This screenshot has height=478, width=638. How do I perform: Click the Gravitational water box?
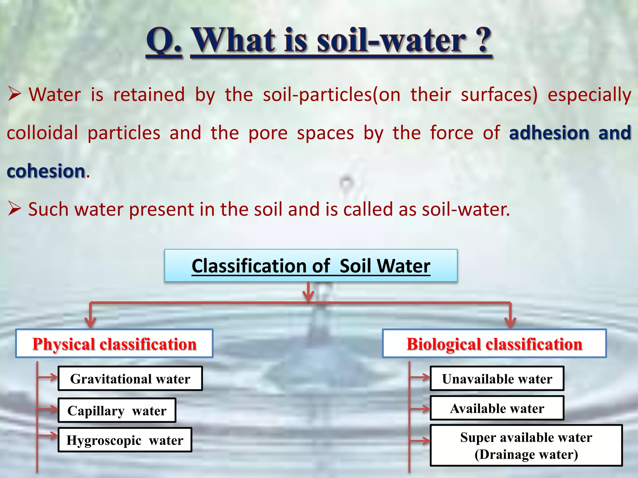130,379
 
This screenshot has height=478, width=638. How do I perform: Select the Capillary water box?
117,410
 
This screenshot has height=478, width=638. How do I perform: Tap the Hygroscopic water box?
125,440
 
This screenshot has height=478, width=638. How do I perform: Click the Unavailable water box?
497,379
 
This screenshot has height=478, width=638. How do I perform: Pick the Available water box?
497,408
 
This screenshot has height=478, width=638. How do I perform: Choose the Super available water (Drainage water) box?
526,446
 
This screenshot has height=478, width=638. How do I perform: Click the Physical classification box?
114,344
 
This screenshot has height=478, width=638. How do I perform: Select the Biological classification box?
494,344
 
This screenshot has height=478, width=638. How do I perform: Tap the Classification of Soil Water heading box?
311,266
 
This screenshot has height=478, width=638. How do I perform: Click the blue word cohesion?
46,171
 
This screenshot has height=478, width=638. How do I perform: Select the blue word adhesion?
549,133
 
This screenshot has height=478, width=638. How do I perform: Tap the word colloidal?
42,133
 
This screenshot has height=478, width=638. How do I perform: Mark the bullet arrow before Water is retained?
14,94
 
